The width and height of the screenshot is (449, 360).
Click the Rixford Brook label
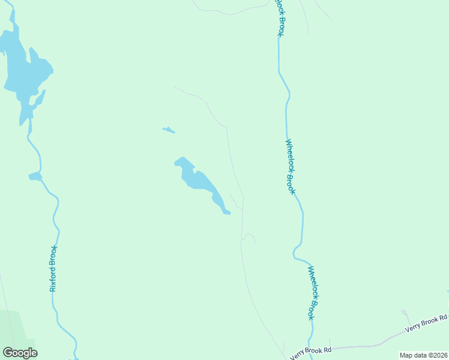(x=53, y=268)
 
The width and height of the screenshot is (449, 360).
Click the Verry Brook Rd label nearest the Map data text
(x=427, y=324)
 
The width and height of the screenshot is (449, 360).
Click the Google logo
(x=20, y=353)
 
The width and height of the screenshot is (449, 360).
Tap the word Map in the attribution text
(x=406, y=355)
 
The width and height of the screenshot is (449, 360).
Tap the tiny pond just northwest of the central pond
(x=169, y=130)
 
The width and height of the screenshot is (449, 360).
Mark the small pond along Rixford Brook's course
(x=35, y=176)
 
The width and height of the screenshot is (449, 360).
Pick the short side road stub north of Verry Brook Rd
(x=406, y=316)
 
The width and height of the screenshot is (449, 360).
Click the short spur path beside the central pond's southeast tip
(x=235, y=202)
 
